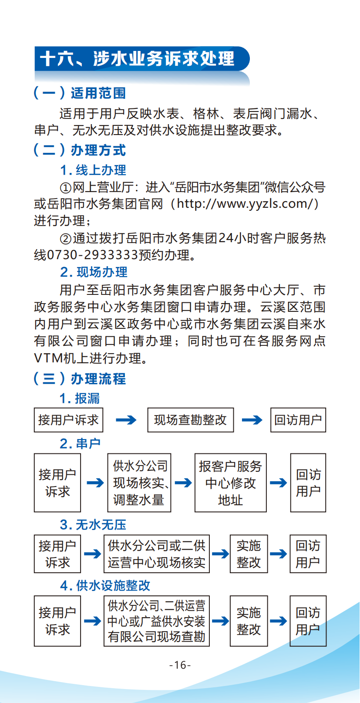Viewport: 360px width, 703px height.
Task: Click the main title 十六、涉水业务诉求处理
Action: click(x=137, y=59)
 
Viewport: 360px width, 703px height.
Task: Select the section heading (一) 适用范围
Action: click(x=80, y=93)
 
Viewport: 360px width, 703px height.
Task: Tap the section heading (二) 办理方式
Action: click(x=80, y=150)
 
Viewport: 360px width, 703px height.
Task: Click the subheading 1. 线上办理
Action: click(x=93, y=170)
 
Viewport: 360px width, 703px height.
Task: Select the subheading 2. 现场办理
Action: click(x=94, y=272)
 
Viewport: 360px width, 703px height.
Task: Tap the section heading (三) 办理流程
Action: click(x=80, y=379)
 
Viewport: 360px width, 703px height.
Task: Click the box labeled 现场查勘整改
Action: click(x=190, y=420)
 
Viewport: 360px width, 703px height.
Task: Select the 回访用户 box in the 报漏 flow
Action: click(x=298, y=420)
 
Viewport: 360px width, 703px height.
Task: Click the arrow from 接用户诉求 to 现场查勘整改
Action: click(x=126, y=420)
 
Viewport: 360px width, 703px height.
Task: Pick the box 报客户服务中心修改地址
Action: click(x=230, y=483)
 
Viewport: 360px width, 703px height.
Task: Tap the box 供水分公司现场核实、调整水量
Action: click(x=139, y=483)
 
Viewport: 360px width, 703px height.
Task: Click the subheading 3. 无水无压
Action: click(x=93, y=524)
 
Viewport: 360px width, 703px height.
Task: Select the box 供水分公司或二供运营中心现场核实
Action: click(x=156, y=554)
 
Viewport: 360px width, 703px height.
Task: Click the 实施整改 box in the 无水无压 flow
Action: click(x=249, y=554)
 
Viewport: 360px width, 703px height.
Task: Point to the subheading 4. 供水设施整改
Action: click(x=105, y=585)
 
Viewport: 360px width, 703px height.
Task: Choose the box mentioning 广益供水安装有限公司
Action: click(x=156, y=621)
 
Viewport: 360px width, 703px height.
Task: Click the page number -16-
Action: click(x=180, y=665)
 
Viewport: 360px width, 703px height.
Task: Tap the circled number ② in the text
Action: click(x=65, y=239)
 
